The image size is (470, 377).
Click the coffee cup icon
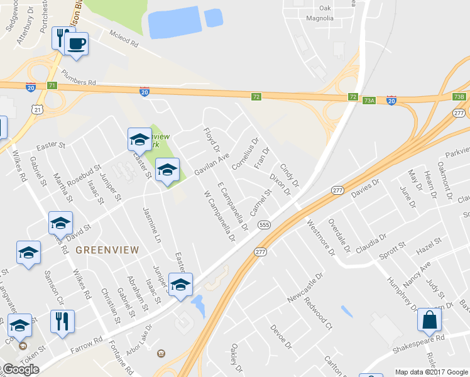[77, 43]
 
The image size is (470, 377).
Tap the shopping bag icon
[429, 320]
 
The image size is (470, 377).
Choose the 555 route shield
[264, 225]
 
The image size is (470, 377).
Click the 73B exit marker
[459, 97]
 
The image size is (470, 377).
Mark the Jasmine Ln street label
[152, 225]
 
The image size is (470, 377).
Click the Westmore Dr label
[321, 236]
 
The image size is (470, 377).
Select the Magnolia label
[320, 18]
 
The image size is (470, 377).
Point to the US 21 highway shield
[38, 110]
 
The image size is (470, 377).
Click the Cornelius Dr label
[245, 155]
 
